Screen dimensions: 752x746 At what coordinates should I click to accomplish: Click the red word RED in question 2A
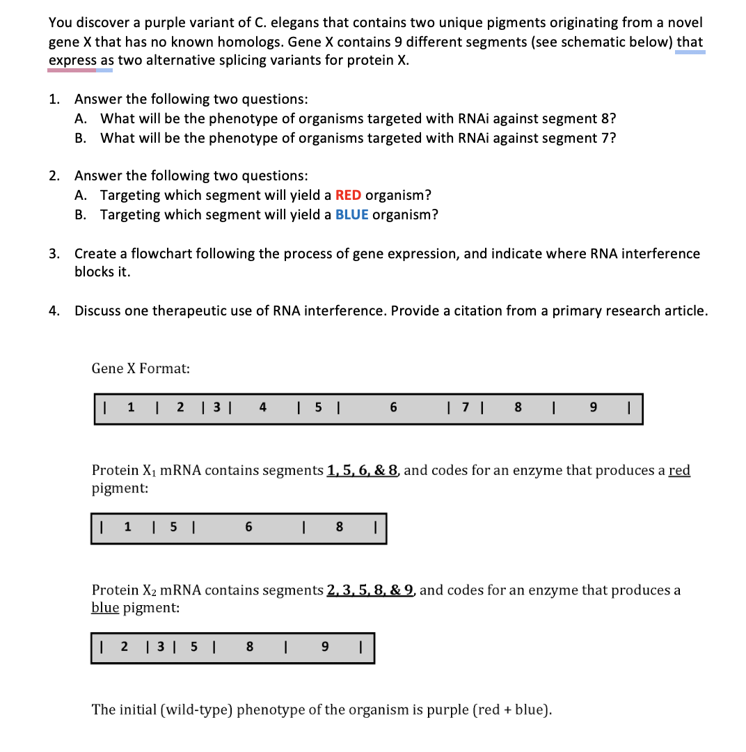348,195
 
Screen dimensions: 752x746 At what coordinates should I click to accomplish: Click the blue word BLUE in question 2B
351,214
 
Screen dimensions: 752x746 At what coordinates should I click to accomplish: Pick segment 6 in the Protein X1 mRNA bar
248,528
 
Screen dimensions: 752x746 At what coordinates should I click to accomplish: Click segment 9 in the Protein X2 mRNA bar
324,648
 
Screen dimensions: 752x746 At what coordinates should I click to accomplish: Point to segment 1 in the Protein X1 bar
127,528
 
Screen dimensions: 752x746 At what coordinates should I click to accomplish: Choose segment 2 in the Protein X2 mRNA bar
125,648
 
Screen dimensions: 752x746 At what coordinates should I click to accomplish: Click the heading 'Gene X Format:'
141,368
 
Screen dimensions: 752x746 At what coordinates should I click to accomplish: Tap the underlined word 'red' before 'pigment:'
678,471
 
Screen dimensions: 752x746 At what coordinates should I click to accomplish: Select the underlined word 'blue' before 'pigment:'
106,608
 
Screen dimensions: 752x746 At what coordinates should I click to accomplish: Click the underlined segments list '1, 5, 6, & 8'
363,471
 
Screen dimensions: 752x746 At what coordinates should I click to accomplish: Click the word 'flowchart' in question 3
148,254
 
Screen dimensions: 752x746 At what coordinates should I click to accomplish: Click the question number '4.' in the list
54,311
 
